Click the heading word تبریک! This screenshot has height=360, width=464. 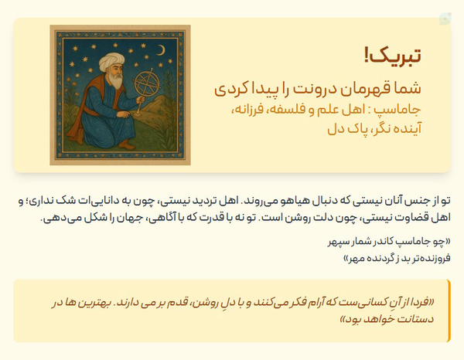[x=393, y=56]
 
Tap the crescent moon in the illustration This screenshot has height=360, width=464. [x=162, y=50]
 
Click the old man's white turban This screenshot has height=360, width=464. [x=111, y=61]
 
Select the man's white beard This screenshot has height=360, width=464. [x=116, y=80]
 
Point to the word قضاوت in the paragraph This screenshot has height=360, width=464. [x=414, y=218]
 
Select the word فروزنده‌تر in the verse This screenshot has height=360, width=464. [x=433, y=258]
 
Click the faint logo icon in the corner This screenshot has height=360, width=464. [x=445, y=19]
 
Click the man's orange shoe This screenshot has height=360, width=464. [x=127, y=145]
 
